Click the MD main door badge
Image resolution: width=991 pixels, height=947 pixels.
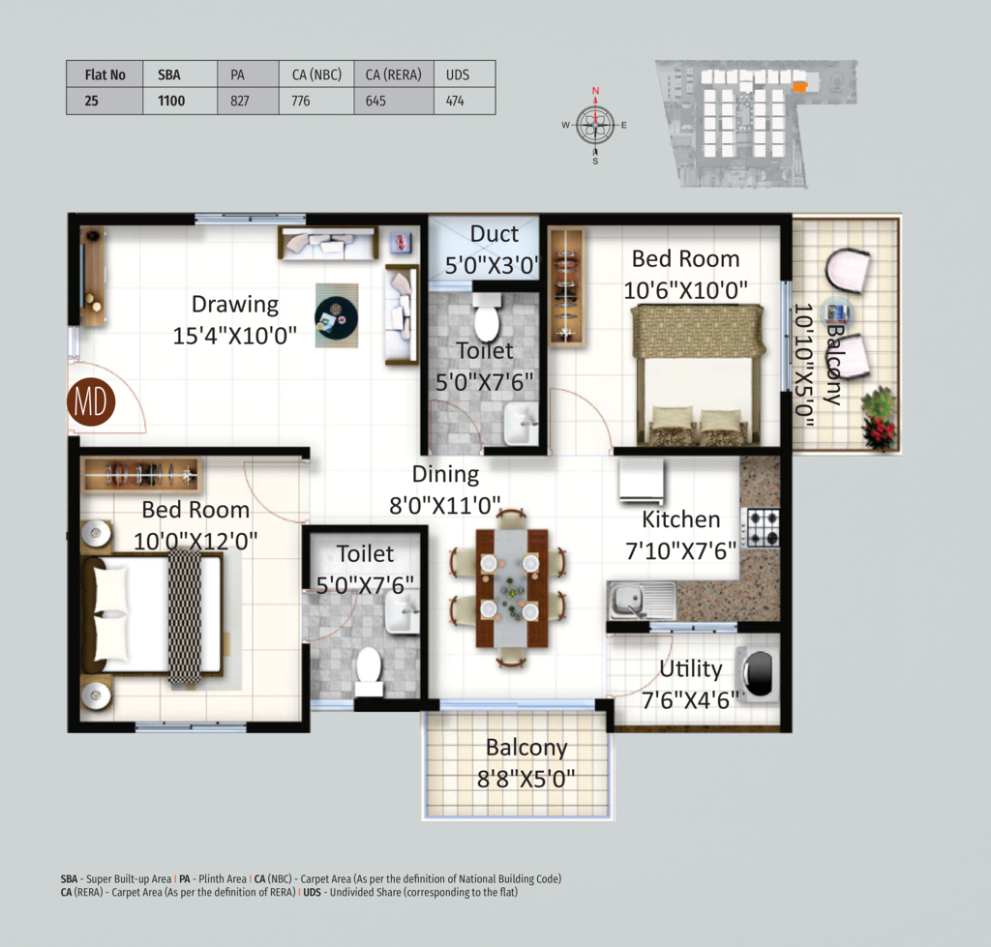[91, 401]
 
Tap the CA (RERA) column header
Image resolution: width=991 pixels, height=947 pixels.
[394, 74]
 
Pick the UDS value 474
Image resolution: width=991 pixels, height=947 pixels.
[455, 101]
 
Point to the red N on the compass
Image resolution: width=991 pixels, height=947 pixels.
[595, 91]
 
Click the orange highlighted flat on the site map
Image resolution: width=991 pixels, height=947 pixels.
[800, 87]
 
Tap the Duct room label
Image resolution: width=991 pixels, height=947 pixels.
[495, 234]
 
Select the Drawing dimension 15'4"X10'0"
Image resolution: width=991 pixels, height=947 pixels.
[235, 336]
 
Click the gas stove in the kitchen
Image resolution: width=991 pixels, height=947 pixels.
[764, 527]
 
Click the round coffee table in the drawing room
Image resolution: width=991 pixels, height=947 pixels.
[336, 317]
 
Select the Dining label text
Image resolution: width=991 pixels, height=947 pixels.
[445, 474]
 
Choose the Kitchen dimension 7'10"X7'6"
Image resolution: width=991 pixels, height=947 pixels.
[681, 551]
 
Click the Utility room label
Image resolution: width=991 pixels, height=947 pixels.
[691, 668]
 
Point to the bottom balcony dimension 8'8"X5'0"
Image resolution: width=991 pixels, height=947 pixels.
[526, 779]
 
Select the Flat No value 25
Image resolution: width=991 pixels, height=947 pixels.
[92, 101]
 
